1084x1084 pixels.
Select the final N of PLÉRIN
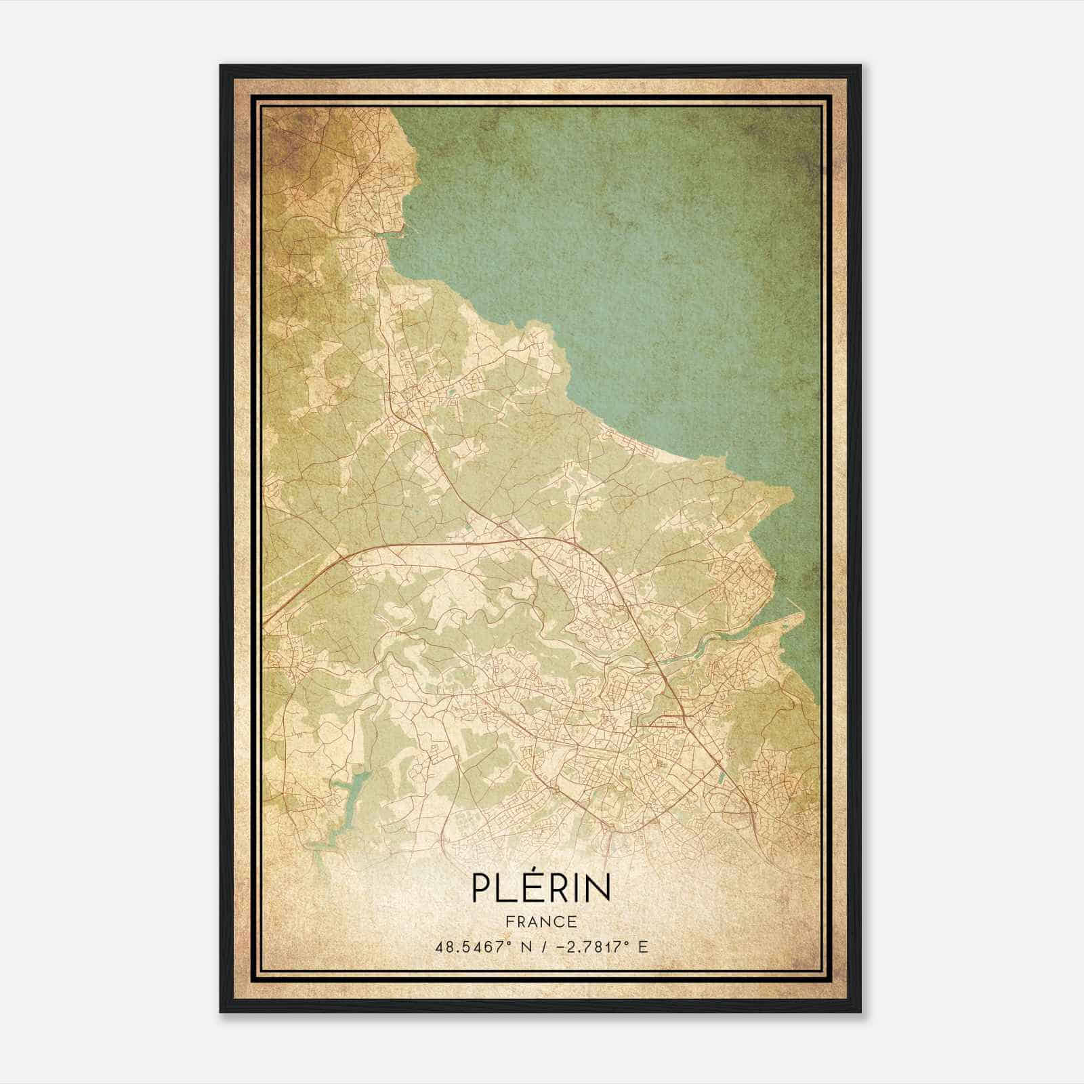pos(598,888)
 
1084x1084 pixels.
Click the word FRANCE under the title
pos(541,921)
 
